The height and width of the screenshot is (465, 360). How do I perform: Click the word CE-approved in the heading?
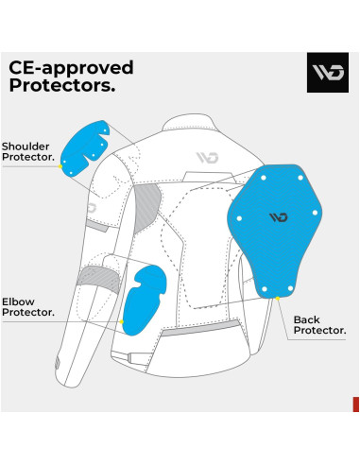click(x=71, y=67)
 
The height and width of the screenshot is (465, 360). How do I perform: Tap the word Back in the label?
click(x=309, y=319)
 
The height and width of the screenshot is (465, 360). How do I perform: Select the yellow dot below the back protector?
click(x=279, y=296)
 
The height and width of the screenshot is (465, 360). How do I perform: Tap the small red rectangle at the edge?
click(x=355, y=404)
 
